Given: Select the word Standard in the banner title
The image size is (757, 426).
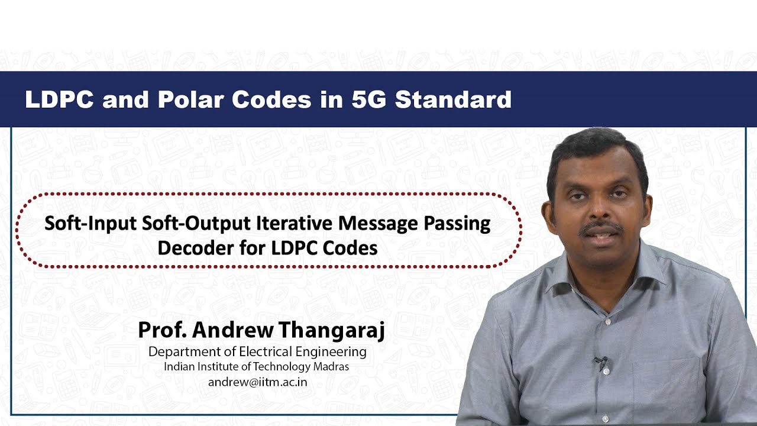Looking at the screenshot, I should tap(453, 100).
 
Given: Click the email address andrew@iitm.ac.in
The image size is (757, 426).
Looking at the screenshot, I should tap(257, 382).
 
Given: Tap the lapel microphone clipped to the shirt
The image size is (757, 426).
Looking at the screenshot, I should tap(601, 362).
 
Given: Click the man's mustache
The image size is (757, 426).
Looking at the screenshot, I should tap(600, 228).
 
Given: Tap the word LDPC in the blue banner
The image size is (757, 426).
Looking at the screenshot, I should tap(59, 100).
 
